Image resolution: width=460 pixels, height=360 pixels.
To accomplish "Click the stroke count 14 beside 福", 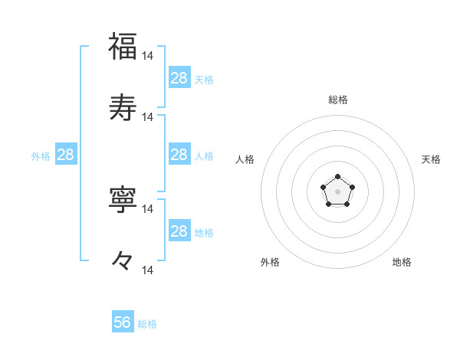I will coord(148,56).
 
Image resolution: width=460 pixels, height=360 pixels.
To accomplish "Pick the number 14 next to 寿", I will coord(148,117).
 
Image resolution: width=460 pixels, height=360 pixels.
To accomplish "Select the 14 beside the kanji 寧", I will coord(148,208).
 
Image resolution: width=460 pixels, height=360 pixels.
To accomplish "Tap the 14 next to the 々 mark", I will coord(148,270).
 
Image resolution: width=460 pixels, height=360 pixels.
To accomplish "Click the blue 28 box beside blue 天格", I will coord(179,78).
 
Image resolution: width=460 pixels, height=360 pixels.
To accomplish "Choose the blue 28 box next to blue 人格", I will coord(179,155).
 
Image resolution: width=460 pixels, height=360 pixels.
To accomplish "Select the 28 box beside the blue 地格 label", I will coord(179,231).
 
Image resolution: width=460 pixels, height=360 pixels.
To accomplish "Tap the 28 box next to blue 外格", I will coord(66,155).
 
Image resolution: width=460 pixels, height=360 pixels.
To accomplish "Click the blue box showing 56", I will coord(123,322).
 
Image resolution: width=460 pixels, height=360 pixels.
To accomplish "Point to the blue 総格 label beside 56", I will coord(147,324).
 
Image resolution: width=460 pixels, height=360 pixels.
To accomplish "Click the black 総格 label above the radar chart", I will coord(337,100).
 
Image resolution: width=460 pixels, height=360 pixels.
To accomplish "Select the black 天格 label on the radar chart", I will coord(432,159).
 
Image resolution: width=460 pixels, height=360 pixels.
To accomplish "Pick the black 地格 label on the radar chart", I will coord(402,263).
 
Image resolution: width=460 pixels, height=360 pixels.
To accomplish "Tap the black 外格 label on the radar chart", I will coord(270,263).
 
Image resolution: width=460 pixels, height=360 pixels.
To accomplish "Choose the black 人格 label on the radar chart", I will coord(245,159).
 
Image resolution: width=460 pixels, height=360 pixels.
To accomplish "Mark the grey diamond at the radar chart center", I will coord(337,191).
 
